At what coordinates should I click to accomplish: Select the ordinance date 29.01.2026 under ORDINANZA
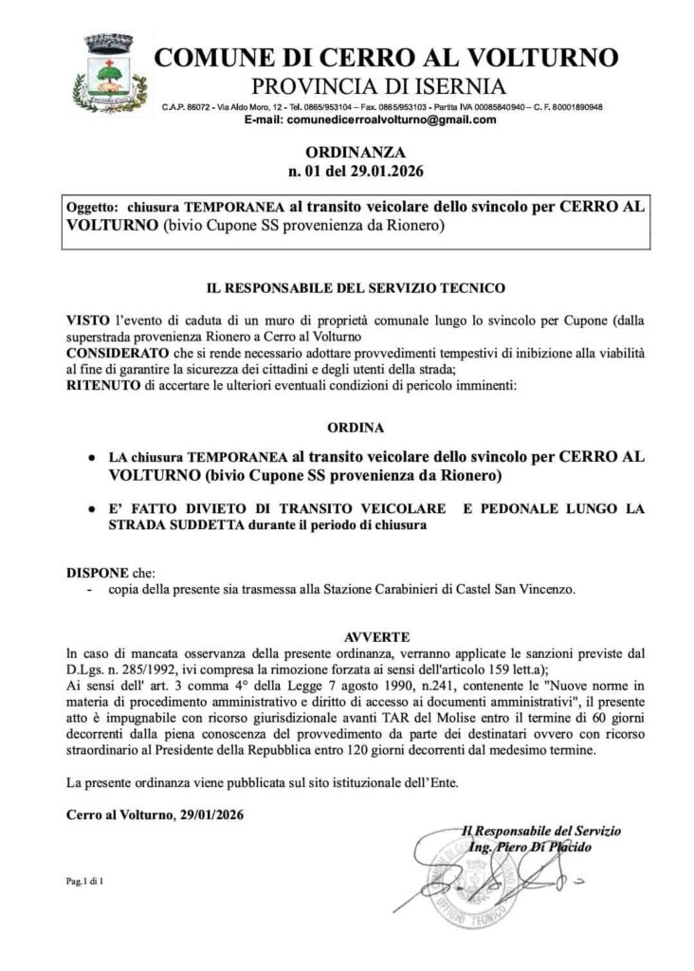coord(389,172)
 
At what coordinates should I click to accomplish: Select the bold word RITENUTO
coord(103,384)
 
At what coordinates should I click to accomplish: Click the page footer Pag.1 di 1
coord(84,882)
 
